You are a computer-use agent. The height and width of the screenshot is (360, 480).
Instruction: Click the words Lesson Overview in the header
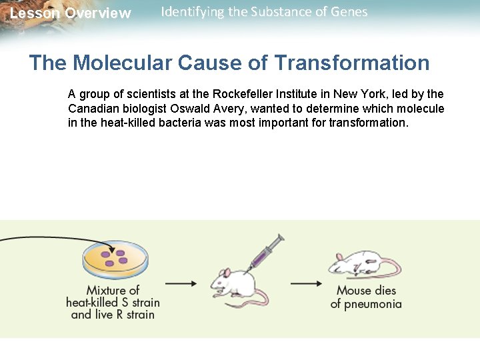coord(70,13)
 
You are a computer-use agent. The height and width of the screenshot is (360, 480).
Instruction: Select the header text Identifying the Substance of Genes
coord(264,12)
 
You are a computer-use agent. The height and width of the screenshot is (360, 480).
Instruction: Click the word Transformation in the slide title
coord(351,63)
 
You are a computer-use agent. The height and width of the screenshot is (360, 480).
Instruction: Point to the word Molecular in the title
coord(123,63)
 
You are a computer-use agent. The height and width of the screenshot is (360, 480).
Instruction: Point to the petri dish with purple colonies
coord(115,259)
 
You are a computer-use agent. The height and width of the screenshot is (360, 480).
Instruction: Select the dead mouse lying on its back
coord(363,264)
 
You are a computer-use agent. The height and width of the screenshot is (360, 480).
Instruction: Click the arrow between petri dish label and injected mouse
coord(181,283)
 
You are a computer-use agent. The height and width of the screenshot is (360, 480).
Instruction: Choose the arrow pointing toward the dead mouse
coord(307,283)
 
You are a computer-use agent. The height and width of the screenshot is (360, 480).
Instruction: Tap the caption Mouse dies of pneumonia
coord(366,297)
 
